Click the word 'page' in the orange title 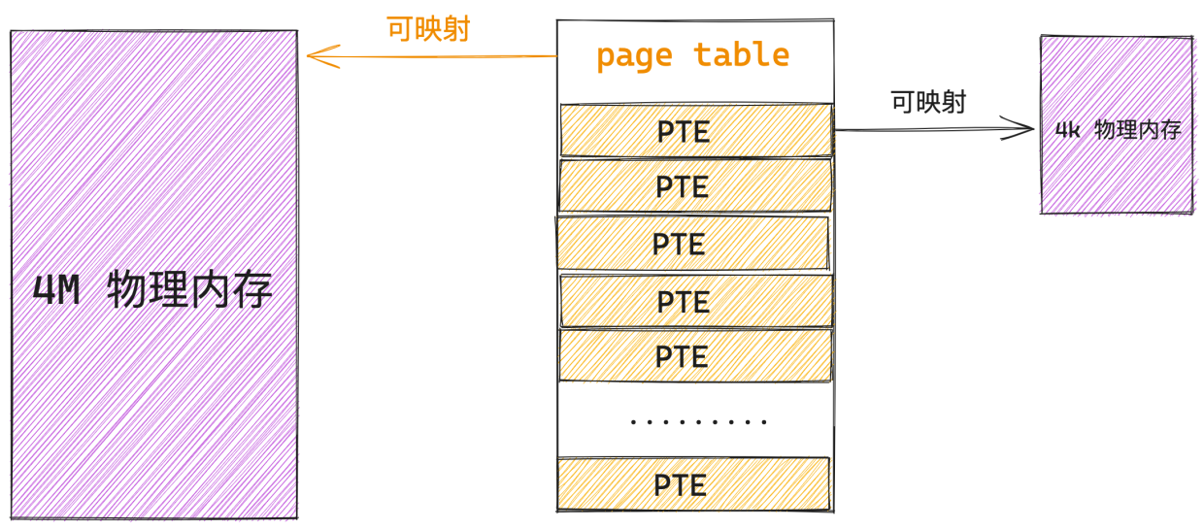(x=634, y=57)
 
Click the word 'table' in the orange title (x=742, y=54)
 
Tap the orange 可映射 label (x=428, y=29)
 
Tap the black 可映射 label (x=928, y=102)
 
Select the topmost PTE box (x=696, y=131)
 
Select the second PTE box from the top (x=695, y=185)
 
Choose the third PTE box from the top (x=693, y=243)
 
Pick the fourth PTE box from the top (x=696, y=301)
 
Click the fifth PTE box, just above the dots (x=695, y=355)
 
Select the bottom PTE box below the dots (x=693, y=483)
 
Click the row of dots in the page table (x=698, y=422)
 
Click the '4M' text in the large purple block (x=56, y=290)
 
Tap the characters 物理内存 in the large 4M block (x=189, y=289)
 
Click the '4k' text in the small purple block (x=1067, y=129)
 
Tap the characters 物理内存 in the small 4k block (x=1137, y=129)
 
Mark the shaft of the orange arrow (x=433, y=56)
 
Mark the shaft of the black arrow (x=934, y=129)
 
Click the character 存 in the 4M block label (x=252, y=289)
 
